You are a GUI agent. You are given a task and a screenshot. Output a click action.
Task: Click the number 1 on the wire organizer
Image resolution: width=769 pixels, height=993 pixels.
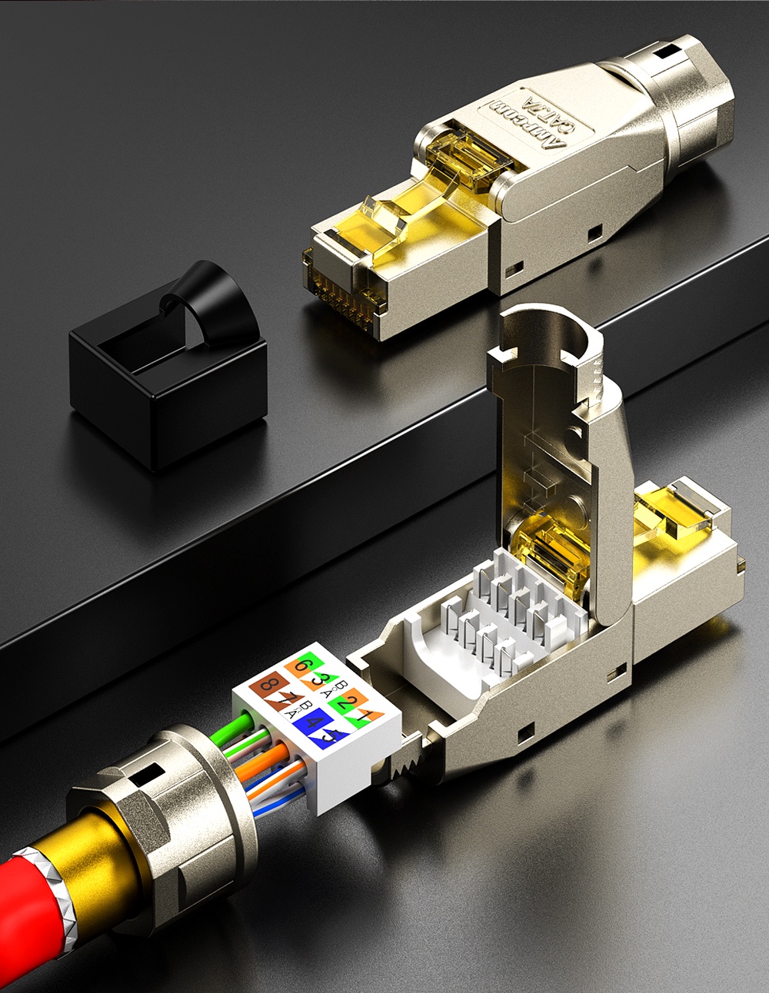(372, 712)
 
